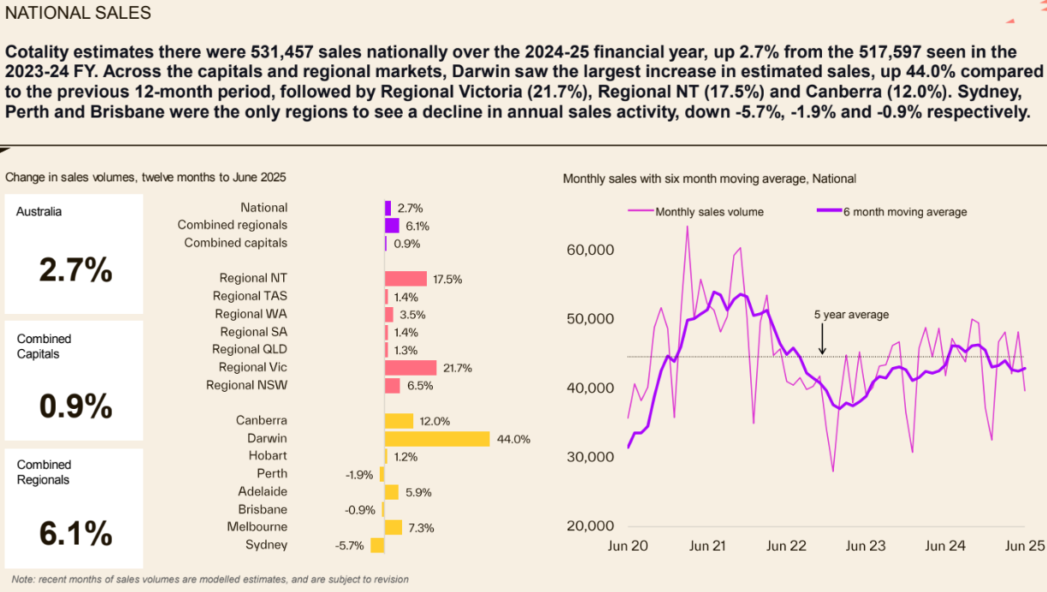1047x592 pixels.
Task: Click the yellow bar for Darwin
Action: coord(437,439)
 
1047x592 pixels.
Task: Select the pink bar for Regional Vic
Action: coord(411,368)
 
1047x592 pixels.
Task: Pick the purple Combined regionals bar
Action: coord(392,226)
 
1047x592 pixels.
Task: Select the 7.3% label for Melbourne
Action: coord(421,528)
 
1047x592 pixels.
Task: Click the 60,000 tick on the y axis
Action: coord(590,251)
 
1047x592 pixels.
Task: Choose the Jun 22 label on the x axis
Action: coord(787,546)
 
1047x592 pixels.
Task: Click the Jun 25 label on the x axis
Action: coord(1025,546)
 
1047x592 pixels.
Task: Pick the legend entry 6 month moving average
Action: coord(905,211)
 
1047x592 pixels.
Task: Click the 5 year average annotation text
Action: coord(851,315)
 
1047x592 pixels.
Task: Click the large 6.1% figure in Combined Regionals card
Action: coord(75,533)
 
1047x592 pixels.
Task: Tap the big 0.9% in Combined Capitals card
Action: coord(75,406)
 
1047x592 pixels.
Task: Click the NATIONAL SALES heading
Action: coord(78,13)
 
